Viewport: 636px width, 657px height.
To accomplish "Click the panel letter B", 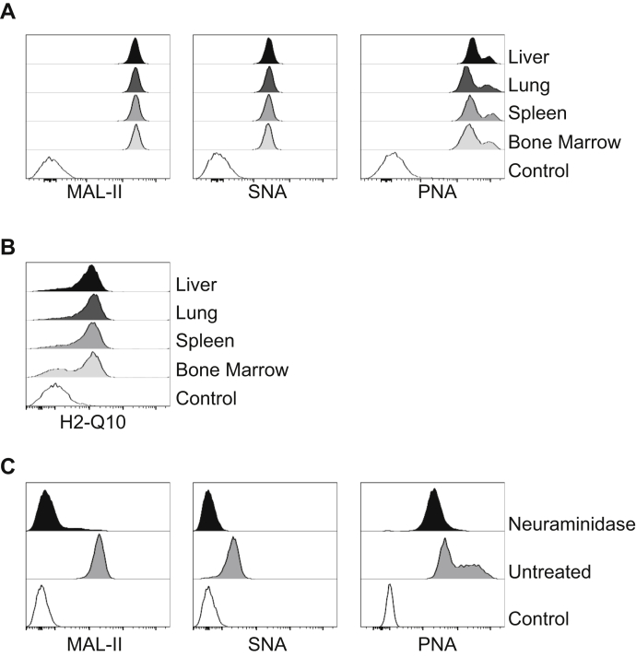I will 8,248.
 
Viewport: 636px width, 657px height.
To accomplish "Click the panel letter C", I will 9,467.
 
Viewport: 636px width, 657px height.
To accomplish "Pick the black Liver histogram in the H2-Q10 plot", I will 89,280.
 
